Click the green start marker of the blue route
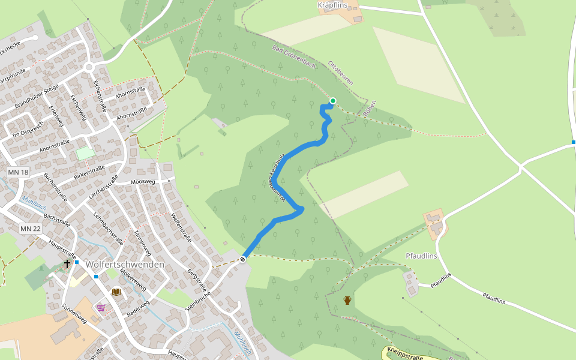point(332,101)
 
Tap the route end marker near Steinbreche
point(243,259)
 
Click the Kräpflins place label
point(332,5)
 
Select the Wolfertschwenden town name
point(125,264)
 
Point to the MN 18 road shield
point(18,172)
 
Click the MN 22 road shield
point(30,229)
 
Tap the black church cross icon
point(67,263)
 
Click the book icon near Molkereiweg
point(116,292)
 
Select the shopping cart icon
point(101,307)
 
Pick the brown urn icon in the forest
point(347,300)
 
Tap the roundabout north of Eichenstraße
point(91,67)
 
